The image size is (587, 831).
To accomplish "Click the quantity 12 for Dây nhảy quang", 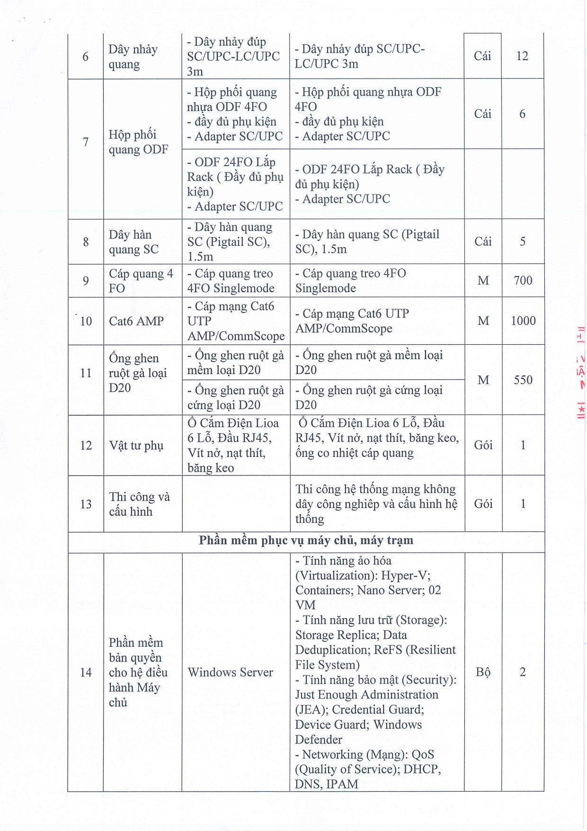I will (522, 56).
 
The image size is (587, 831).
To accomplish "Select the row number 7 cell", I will (86, 142).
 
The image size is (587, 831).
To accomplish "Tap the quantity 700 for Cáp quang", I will (523, 280).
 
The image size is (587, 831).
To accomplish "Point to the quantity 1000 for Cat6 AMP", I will (523, 321).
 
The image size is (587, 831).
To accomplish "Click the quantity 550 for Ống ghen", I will (523, 380).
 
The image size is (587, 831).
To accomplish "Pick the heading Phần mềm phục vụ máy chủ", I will (306, 540).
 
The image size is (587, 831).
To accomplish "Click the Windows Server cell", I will (230, 672).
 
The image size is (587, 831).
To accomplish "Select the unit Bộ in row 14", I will (483, 672).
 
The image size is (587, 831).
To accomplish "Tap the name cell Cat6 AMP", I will (136, 321).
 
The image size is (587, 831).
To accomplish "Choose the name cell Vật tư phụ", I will (136, 446).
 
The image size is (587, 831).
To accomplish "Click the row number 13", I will (86, 504).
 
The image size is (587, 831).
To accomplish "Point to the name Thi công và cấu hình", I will (139, 504).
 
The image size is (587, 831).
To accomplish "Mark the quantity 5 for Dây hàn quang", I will (523, 241).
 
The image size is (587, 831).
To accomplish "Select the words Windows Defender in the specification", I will (358, 732).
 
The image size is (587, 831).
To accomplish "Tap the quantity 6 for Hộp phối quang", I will (522, 114).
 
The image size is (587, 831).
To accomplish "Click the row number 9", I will (86, 281).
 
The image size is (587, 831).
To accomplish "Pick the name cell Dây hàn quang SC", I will (133, 242).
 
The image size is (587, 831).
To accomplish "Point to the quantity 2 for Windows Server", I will (523, 672).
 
